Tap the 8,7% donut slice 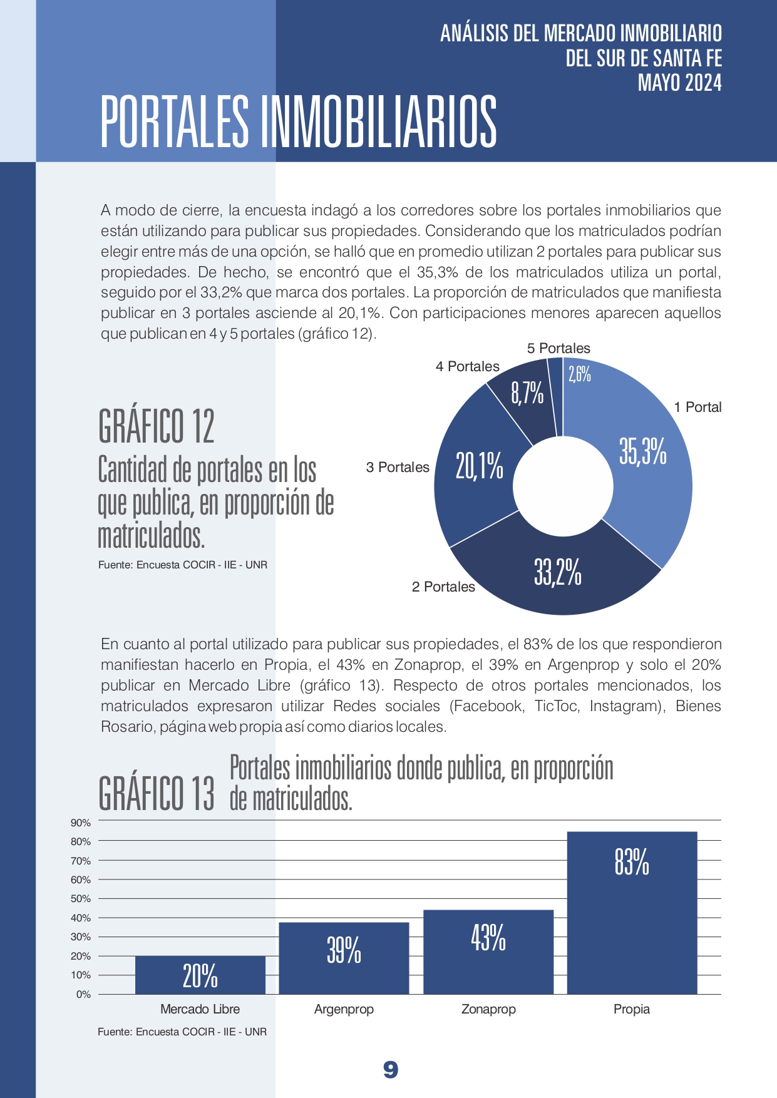(x=523, y=404)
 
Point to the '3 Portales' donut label (x=398, y=467)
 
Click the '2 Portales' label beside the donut (x=443, y=587)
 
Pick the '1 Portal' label (x=697, y=407)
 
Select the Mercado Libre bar (x=200, y=975)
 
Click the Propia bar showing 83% (x=632, y=913)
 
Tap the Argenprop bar (x=344, y=958)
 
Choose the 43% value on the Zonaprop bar (x=488, y=938)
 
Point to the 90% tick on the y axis (x=81, y=823)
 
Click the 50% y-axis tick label (x=81, y=898)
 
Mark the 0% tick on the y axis (x=83, y=994)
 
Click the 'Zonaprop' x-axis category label (x=488, y=1009)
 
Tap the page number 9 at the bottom (x=391, y=1070)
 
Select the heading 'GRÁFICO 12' (x=157, y=426)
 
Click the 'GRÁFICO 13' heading (x=157, y=793)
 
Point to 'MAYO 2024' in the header (x=680, y=83)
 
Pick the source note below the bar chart (x=182, y=1032)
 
